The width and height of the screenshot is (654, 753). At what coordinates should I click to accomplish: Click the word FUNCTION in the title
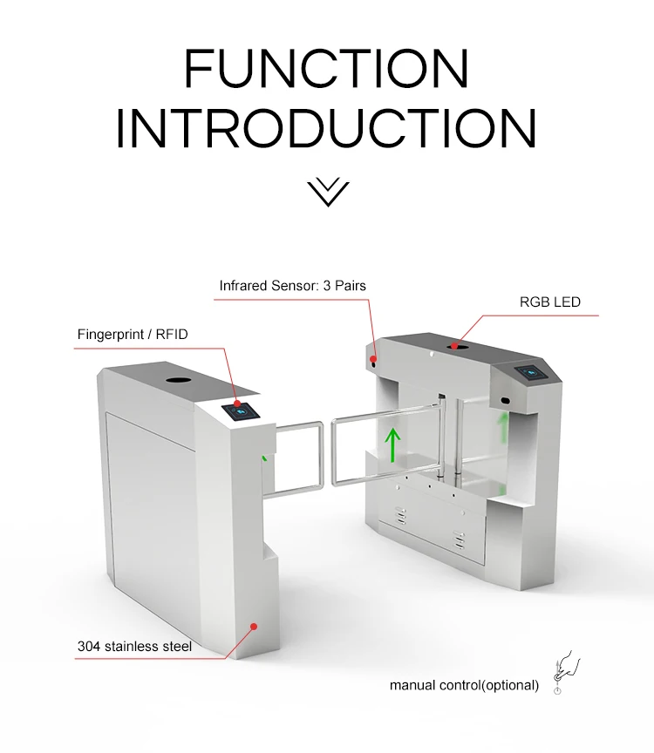(x=326, y=69)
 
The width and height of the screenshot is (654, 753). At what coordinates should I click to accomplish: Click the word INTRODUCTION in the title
(x=326, y=127)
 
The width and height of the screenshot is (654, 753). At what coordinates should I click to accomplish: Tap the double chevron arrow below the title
(x=327, y=192)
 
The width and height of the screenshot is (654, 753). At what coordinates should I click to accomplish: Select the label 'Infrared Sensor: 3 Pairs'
(x=291, y=286)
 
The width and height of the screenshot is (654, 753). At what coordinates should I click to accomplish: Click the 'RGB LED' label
(x=549, y=302)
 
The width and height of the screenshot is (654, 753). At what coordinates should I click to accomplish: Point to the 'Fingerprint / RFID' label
(x=133, y=334)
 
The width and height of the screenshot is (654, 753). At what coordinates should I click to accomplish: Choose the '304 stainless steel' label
(x=134, y=646)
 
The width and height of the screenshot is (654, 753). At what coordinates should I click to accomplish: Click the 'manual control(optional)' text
(x=464, y=685)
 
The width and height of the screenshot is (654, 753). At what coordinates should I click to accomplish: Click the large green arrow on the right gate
(x=393, y=444)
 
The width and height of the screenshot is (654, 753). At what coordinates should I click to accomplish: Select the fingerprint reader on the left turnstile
(x=240, y=410)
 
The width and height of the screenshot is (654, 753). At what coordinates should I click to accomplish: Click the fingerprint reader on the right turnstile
(x=531, y=371)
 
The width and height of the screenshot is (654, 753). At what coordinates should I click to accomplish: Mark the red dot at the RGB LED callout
(x=454, y=346)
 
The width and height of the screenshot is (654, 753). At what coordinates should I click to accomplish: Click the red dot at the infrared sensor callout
(x=372, y=358)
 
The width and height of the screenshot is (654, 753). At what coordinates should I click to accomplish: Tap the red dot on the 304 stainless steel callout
(x=254, y=626)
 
